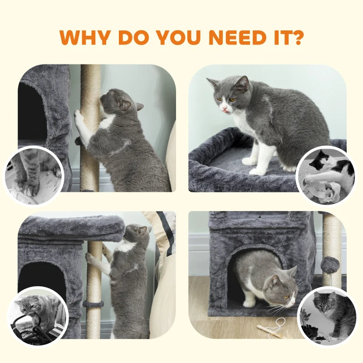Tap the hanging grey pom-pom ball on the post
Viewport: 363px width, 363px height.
tap(330, 265)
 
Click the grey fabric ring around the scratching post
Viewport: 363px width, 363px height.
tap(93, 304)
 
